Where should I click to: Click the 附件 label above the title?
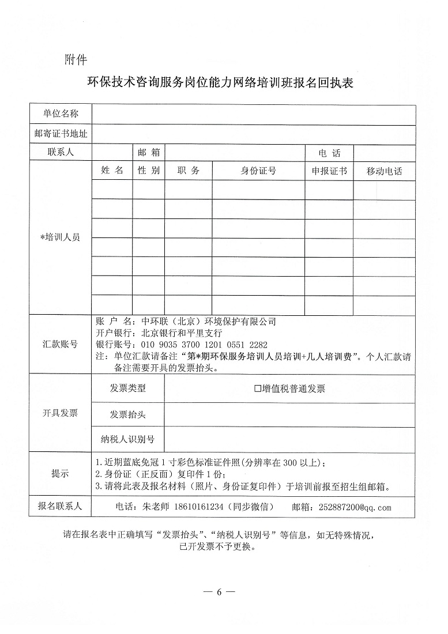click(x=76, y=59)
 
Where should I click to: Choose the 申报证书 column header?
click(x=329, y=171)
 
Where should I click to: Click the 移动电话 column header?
click(x=384, y=171)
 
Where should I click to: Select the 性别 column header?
click(x=148, y=171)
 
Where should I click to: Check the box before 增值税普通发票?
click(x=258, y=388)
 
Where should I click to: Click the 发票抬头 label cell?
click(x=127, y=414)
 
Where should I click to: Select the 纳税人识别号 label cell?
click(x=127, y=439)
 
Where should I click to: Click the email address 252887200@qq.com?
click(x=354, y=507)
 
